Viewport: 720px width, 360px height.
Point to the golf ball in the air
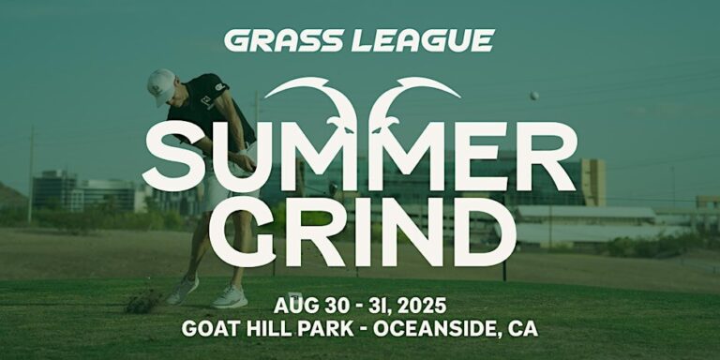[x=533, y=96]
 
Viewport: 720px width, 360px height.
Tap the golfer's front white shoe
[x=230, y=297]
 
